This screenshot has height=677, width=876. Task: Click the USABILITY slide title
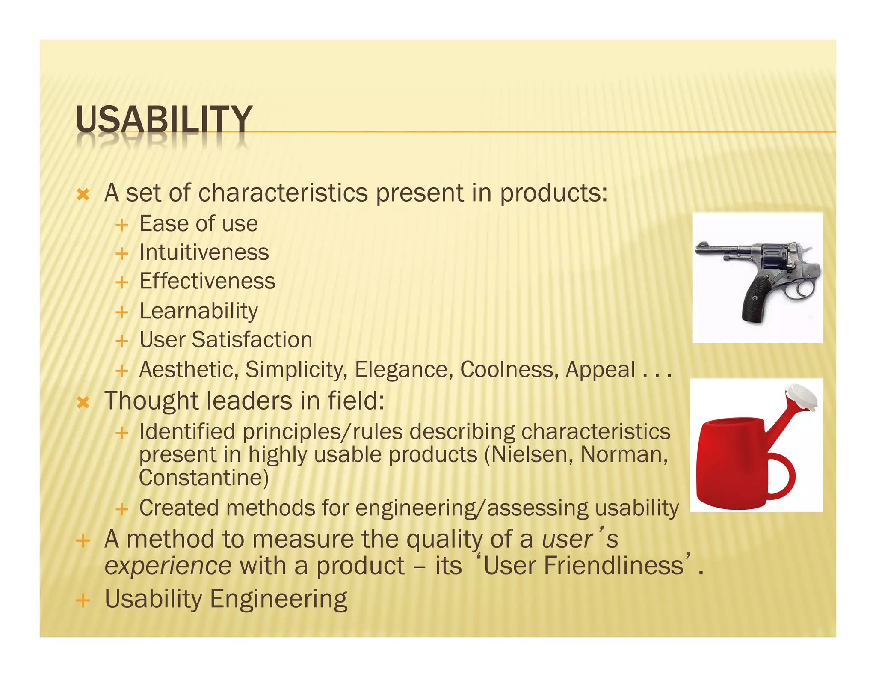[164, 119]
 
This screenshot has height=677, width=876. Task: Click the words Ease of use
[198, 224]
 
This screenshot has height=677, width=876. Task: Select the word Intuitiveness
[204, 252]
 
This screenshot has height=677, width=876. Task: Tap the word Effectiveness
[207, 282]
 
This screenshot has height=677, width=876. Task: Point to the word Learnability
[198, 311]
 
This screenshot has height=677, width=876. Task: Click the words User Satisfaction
[226, 340]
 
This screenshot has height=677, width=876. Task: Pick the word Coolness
[509, 370]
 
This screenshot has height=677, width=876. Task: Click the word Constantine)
[204, 478]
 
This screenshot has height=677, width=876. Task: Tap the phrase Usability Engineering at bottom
[226, 599]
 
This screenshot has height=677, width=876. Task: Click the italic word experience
[168, 566]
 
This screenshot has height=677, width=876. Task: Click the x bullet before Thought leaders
[83, 402]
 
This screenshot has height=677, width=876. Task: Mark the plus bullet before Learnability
[122, 312]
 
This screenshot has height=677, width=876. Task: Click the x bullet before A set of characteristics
[83, 195]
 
